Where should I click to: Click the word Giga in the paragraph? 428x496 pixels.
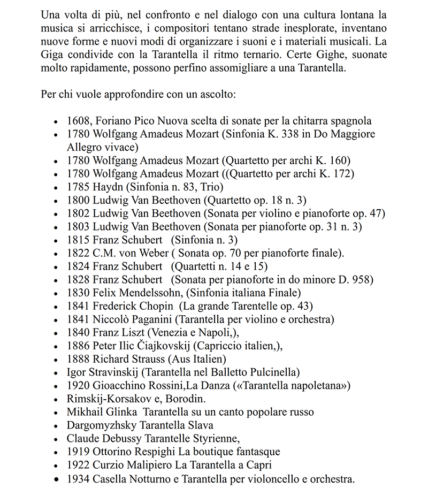(x=52, y=55)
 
